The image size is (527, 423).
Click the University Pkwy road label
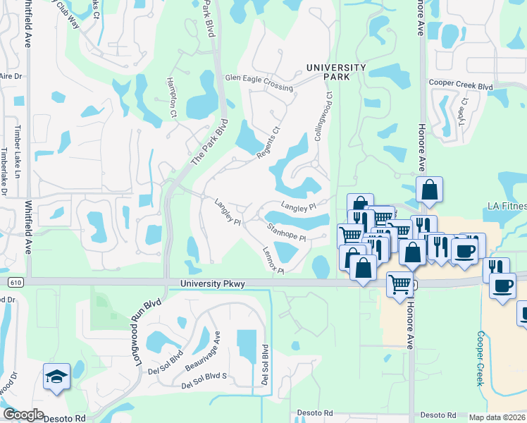coord(212,284)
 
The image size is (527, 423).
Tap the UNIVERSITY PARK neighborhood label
coord(336,72)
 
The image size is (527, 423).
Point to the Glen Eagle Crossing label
coord(259,82)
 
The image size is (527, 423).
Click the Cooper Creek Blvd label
coord(461,85)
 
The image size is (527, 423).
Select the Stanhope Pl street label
coord(287,232)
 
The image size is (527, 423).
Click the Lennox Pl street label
coord(273,261)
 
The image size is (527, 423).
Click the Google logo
coord(23,415)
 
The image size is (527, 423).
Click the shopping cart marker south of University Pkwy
coord(400,285)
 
